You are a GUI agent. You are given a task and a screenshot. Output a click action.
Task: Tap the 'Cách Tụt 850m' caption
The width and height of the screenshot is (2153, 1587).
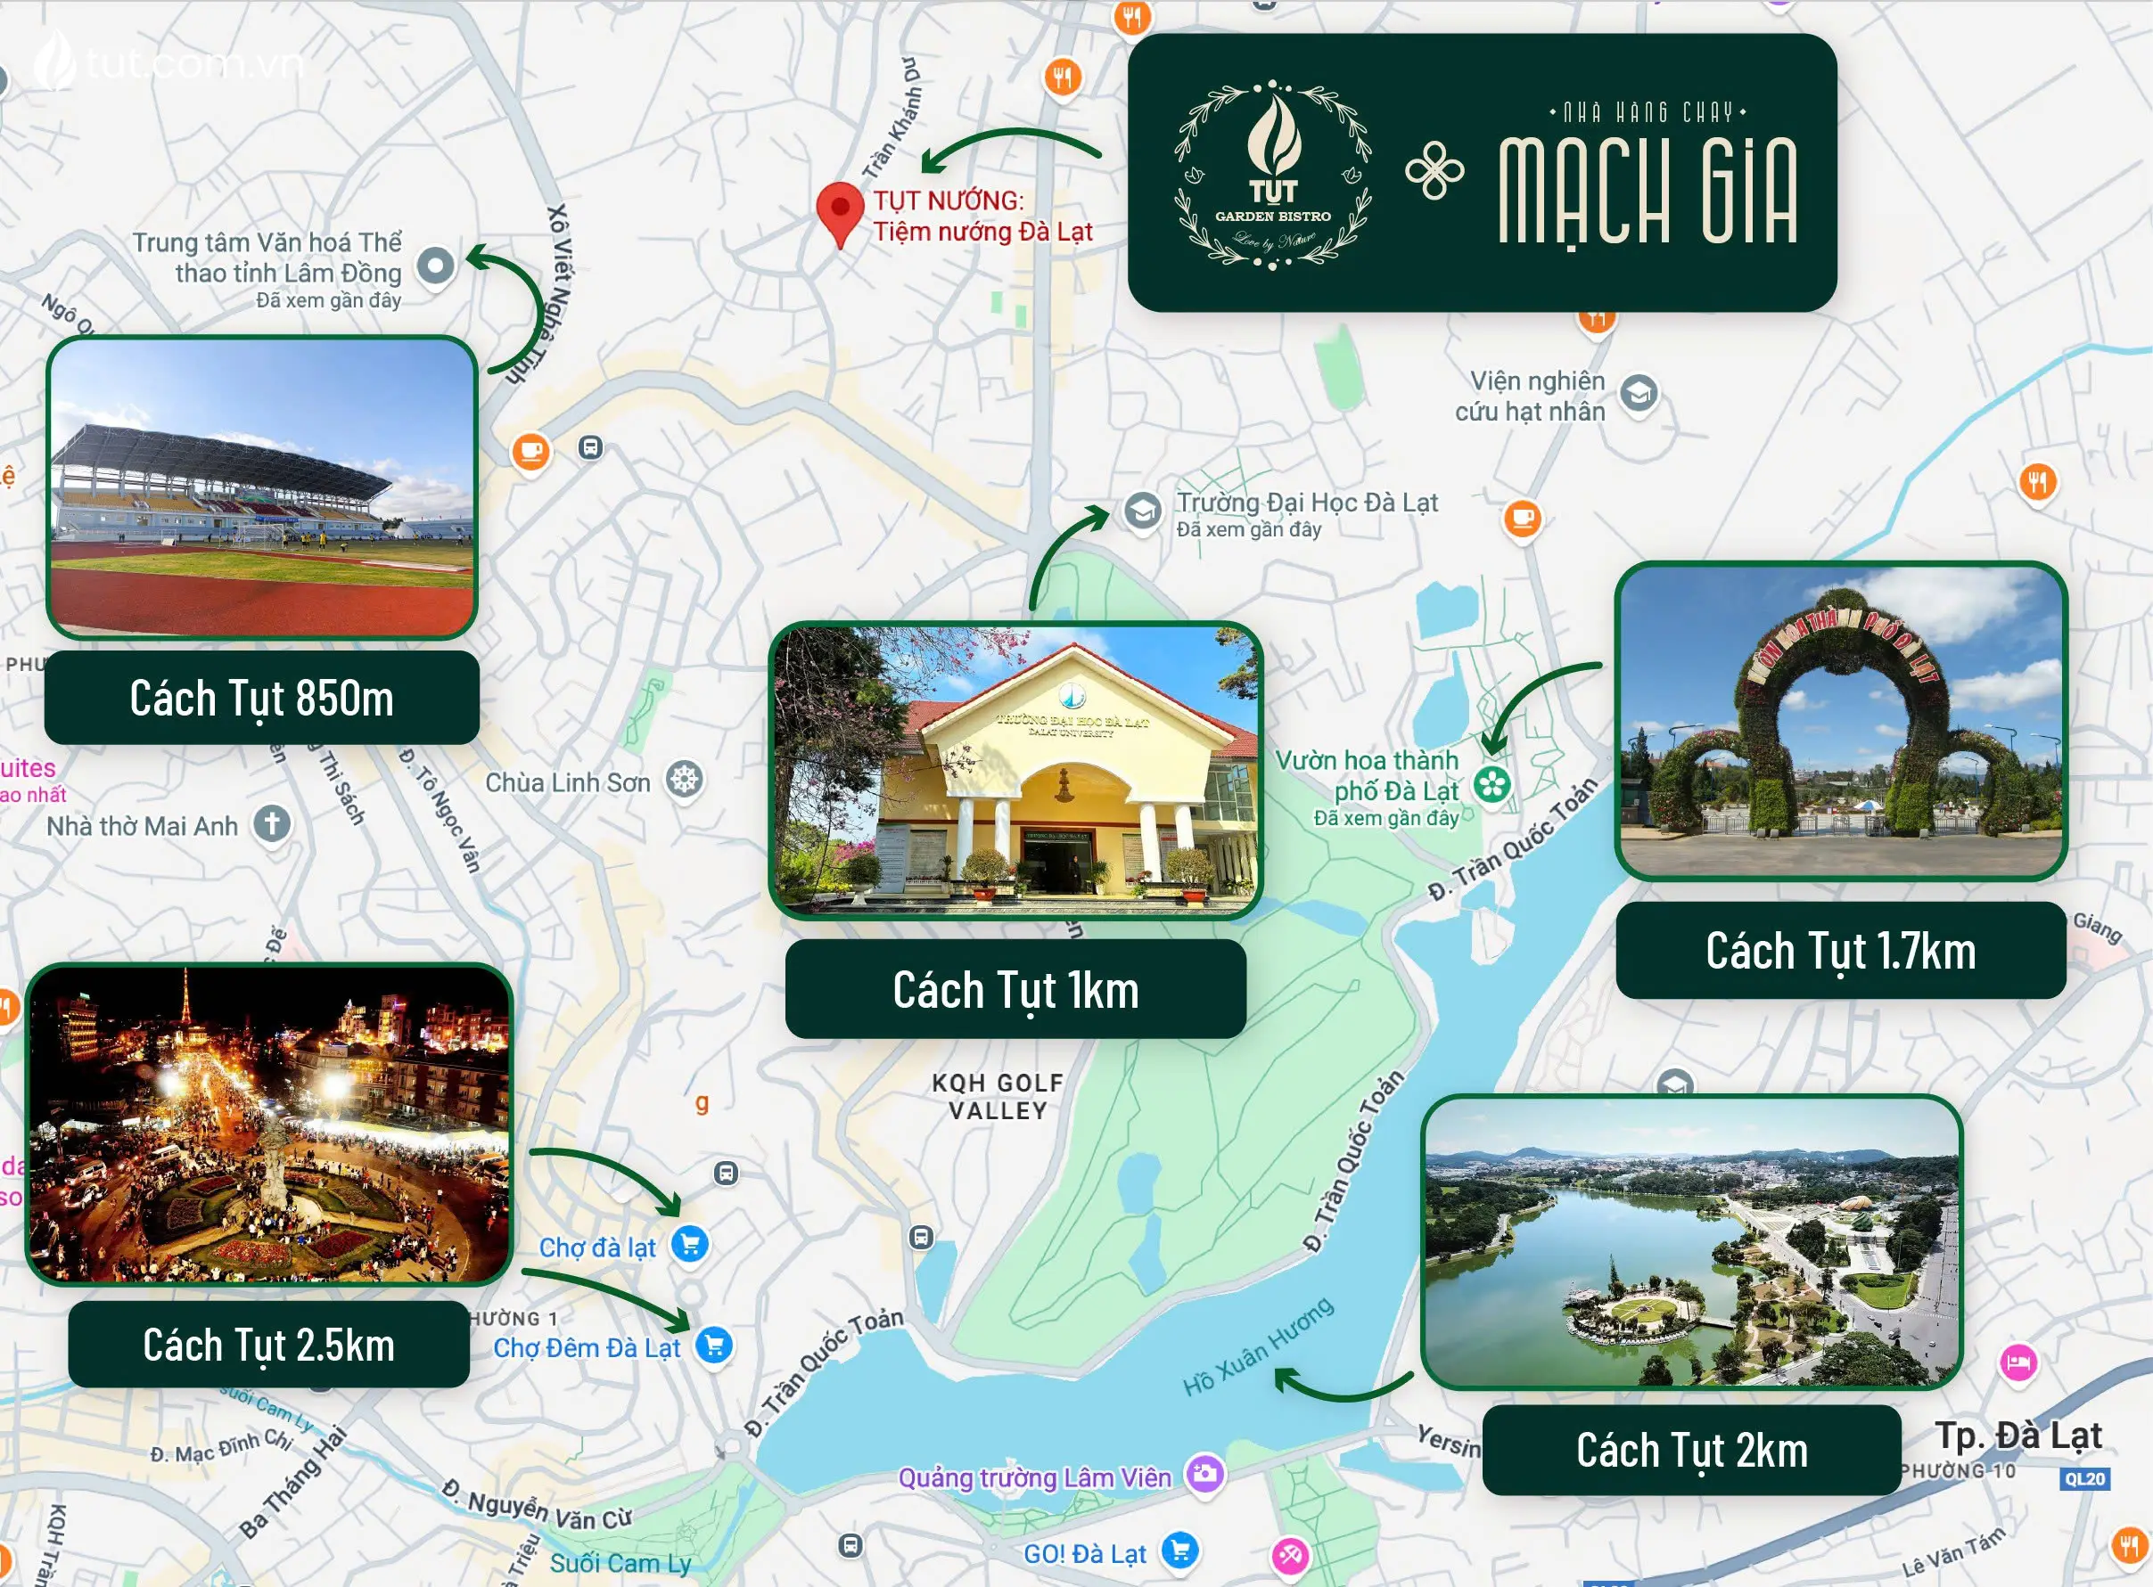[x=261, y=699]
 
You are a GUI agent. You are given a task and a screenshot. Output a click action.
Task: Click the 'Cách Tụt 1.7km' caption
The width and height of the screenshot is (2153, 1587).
[x=1840, y=951]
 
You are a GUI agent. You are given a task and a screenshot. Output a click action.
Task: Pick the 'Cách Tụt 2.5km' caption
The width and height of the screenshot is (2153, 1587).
[x=268, y=1345]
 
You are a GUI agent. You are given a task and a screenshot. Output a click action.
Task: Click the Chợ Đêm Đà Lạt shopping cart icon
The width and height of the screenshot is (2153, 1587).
[x=714, y=1345]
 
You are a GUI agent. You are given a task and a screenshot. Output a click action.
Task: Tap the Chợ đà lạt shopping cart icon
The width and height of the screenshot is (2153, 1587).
[x=689, y=1244]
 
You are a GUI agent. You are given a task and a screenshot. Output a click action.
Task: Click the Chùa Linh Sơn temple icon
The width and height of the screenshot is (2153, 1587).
[x=685, y=779]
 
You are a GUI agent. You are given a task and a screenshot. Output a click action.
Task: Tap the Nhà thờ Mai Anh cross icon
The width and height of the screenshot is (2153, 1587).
[x=272, y=823]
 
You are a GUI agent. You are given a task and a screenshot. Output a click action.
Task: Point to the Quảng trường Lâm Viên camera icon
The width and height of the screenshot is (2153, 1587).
[x=1204, y=1473]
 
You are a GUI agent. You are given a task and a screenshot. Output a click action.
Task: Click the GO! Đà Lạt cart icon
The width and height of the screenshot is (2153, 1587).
[x=1179, y=1549]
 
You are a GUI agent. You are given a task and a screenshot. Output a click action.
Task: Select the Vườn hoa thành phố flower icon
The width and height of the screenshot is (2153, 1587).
[x=1491, y=785]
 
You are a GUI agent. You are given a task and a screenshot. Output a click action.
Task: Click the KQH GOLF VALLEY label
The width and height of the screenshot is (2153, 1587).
[x=998, y=1096]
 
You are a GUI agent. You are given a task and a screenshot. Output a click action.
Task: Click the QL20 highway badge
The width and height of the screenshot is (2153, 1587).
[x=2084, y=1478]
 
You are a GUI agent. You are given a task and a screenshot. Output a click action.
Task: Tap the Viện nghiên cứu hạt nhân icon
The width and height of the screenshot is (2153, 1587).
[x=1638, y=393]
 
